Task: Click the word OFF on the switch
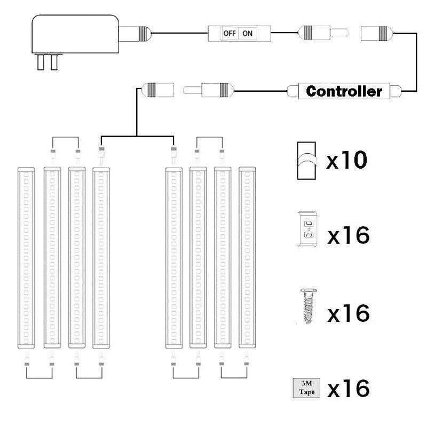pos(230,34)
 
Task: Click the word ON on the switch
pos(247,34)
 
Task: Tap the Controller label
pos(344,91)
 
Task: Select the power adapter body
pos(75,34)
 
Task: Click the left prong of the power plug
pos(41,62)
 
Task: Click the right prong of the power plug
pos(54,62)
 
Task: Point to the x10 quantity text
pos(346,160)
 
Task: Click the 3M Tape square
pos(306,388)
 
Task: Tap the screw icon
pos(309,306)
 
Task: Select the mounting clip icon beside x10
pos(306,161)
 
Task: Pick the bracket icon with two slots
pos(308,230)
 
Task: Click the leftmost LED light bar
pos(26,258)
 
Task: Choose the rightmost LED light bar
pos(247,258)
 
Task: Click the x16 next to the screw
pos(349,313)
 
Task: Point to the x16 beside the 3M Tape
pos(349,388)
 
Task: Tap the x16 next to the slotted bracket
pos(349,235)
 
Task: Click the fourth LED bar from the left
pos(101,258)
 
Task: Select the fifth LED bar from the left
pos(174,258)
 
